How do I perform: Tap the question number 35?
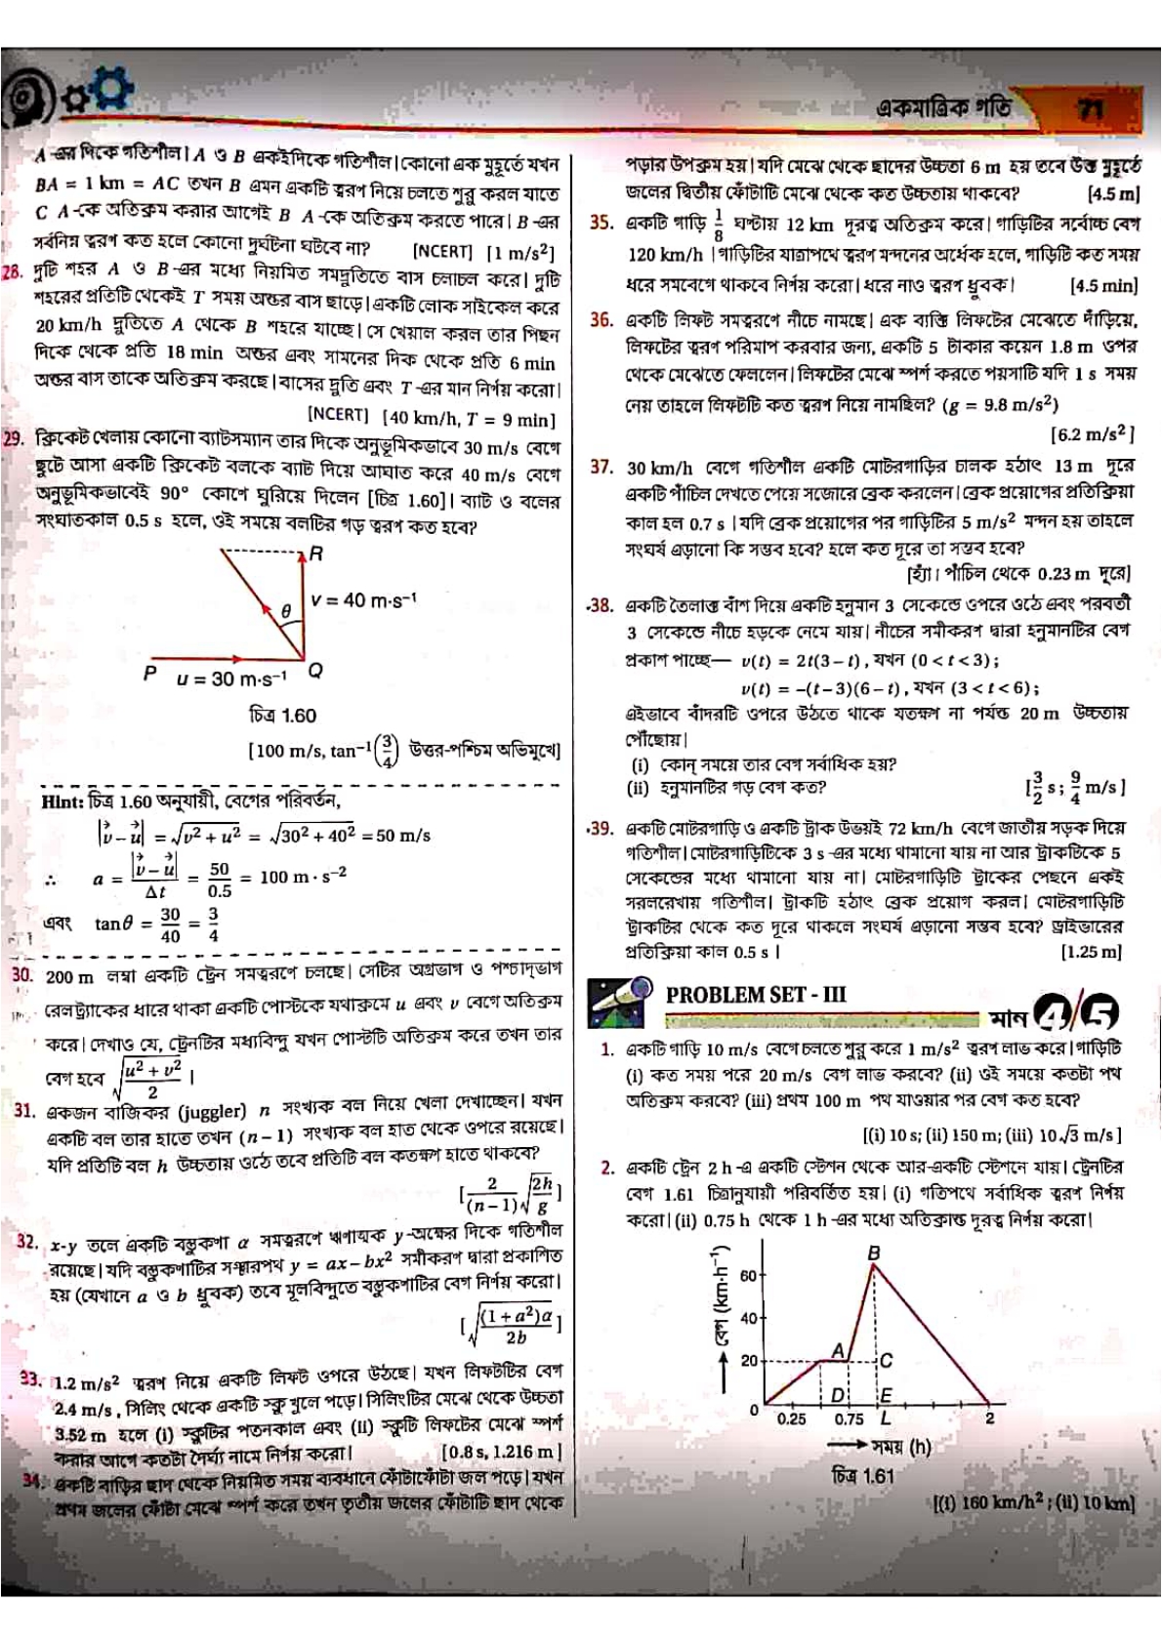pos(602,223)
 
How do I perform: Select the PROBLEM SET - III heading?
pos(755,995)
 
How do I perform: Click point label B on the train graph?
pos(873,1253)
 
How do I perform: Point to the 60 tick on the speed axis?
pos(748,1275)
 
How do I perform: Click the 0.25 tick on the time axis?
pos(792,1418)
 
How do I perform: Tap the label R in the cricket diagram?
pos(315,554)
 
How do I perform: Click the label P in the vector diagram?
pos(149,672)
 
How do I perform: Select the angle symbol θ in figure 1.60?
pos(285,611)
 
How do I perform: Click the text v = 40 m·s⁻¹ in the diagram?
pos(363,599)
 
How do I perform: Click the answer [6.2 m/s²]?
pos(1091,432)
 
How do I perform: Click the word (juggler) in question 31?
pos(213,1111)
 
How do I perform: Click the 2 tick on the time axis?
pos(989,1418)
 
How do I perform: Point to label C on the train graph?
pos(886,1360)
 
